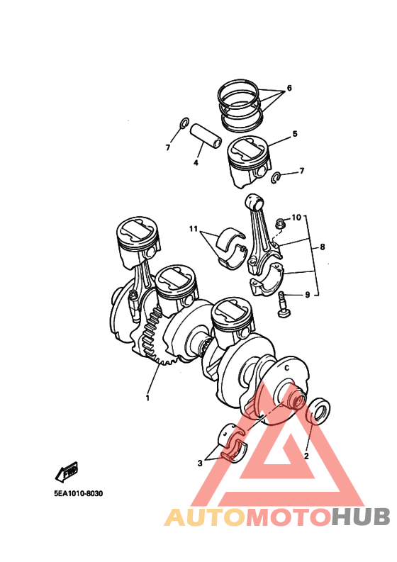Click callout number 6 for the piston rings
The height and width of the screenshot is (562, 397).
tap(289, 88)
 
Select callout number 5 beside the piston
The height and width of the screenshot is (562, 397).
tap(295, 134)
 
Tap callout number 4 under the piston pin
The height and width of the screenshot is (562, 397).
tap(196, 163)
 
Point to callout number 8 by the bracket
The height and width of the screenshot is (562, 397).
tap(322, 247)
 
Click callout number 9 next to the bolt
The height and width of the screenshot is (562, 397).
tap(308, 295)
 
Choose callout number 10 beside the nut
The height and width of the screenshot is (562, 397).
tap(296, 217)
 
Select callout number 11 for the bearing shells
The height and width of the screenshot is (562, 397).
tap(194, 229)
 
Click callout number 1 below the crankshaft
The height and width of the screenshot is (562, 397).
tap(147, 398)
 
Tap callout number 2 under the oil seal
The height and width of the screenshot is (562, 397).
tap(306, 456)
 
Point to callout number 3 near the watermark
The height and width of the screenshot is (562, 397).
tap(200, 463)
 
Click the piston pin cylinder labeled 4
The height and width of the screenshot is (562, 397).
tap(206, 136)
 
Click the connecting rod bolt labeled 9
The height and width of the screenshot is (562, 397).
tap(284, 304)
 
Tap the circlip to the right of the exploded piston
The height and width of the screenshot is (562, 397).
tap(276, 176)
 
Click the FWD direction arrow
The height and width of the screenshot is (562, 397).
tap(67, 473)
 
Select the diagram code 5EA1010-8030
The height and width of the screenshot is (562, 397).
tap(79, 493)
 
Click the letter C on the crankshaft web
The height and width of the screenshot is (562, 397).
tap(286, 368)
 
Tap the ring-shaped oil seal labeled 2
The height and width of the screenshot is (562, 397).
tap(318, 411)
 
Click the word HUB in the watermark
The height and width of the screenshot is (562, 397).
tap(360, 517)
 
